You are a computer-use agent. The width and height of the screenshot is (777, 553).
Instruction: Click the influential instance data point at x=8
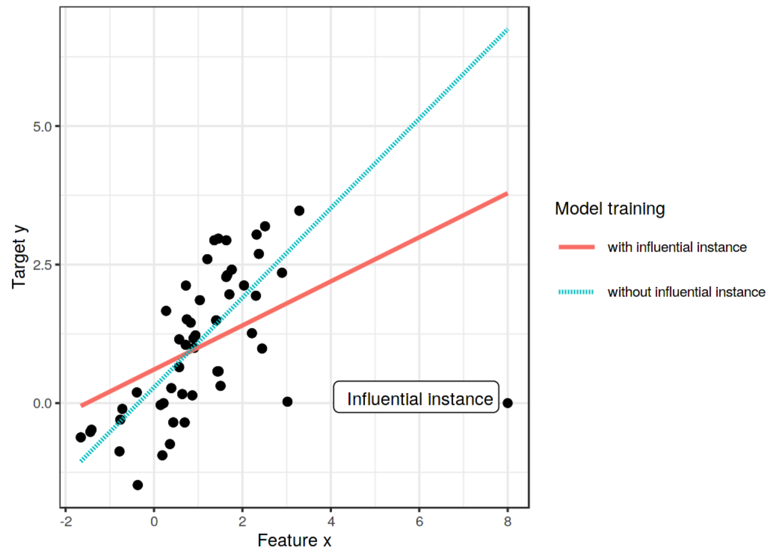[507, 403]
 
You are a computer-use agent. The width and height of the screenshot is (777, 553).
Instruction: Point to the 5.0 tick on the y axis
[42, 127]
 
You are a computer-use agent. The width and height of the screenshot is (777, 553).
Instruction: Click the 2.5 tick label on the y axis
[42, 265]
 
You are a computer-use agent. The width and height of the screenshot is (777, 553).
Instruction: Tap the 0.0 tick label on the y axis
[42, 403]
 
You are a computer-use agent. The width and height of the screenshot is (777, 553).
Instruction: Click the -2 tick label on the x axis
[66, 521]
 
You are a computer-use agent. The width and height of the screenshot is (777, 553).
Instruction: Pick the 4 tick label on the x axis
[331, 521]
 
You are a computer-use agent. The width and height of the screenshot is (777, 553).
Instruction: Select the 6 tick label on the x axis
[419, 521]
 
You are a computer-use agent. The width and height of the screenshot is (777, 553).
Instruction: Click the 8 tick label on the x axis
[507, 521]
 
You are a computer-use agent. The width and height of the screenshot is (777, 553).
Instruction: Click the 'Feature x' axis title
[294, 540]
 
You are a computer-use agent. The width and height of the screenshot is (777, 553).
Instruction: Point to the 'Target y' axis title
[19, 257]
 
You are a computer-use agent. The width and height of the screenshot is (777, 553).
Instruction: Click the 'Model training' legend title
[610, 209]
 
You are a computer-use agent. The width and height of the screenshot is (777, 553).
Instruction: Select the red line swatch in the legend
[576, 247]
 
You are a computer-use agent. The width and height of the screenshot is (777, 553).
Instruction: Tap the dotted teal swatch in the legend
[576, 292]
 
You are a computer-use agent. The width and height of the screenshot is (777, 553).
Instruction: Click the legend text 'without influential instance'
[686, 292]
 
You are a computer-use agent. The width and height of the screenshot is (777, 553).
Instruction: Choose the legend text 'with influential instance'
[677, 247]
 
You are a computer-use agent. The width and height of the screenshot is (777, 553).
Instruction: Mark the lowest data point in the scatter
[137, 485]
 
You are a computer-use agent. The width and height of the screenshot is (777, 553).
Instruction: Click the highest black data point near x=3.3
[299, 211]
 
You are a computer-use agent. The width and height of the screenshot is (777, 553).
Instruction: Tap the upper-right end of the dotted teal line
[507, 30]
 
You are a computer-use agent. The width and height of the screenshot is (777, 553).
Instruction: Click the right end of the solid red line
[506, 194]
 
